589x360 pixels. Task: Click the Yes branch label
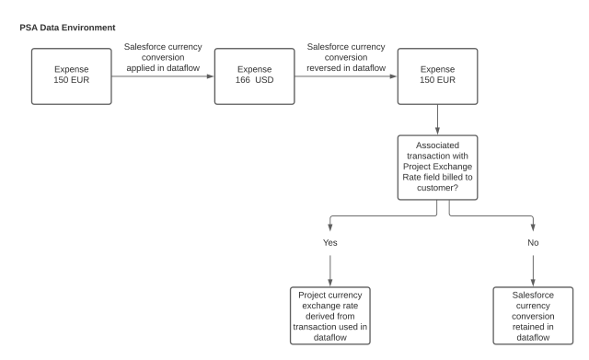point(329,243)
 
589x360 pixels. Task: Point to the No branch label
point(533,243)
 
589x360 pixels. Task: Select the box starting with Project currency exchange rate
point(329,315)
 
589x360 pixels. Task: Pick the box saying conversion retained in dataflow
point(533,315)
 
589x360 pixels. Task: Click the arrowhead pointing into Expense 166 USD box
point(210,79)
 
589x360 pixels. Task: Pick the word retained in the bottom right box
point(533,327)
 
